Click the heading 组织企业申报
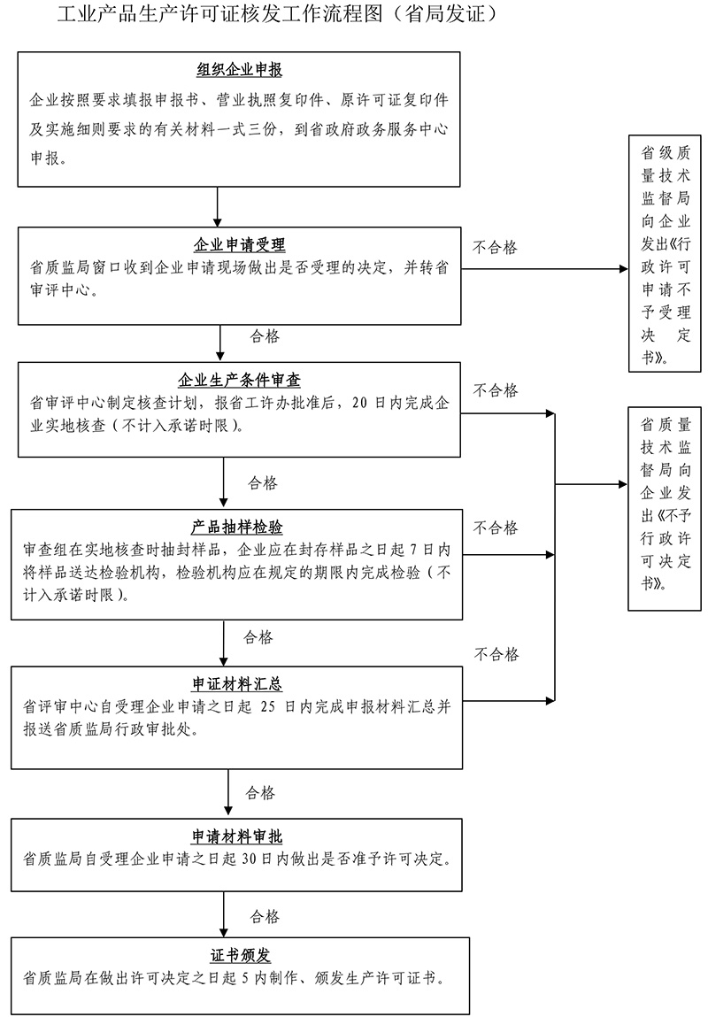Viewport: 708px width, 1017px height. (239, 71)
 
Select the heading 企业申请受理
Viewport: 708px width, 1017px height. (239, 245)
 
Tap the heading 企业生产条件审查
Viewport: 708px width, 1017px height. (239, 381)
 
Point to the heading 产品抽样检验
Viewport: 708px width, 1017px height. (237, 528)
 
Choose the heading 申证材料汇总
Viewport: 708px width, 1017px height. (237, 685)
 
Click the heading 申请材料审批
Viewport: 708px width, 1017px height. (237, 836)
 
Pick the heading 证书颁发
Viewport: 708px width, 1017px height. (240, 955)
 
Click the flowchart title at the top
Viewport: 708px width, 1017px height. (274, 15)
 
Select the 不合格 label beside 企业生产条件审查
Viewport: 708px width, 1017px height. (496, 390)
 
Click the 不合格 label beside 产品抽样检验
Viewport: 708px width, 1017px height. (496, 528)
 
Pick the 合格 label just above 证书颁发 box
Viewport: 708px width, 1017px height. (265, 915)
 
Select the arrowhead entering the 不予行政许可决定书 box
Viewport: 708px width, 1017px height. (620, 484)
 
